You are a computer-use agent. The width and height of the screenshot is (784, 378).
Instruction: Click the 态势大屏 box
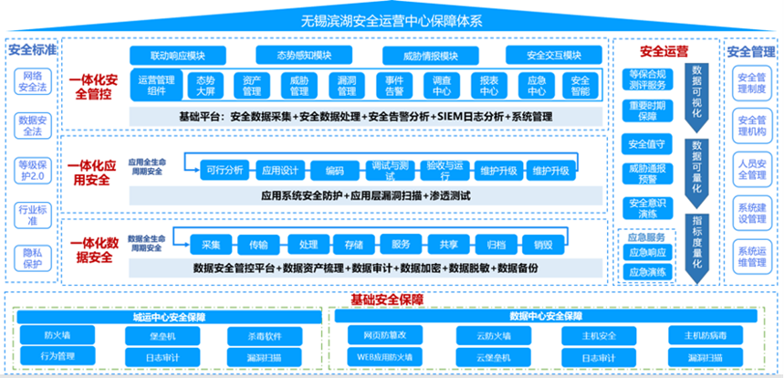click(x=205, y=85)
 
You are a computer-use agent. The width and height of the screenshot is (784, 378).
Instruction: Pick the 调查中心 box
click(x=442, y=85)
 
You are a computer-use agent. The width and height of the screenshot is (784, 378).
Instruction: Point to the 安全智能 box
click(x=580, y=85)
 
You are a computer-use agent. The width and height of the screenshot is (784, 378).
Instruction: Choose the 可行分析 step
click(x=225, y=170)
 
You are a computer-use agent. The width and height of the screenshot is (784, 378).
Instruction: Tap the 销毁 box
click(x=543, y=244)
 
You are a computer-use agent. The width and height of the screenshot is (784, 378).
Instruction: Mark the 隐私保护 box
click(x=32, y=257)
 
